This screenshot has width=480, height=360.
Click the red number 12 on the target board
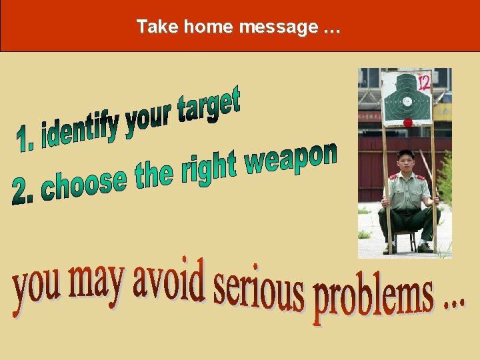(422, 82)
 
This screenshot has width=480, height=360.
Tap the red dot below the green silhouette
(407, 123)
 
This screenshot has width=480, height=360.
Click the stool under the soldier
(405, 240)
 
